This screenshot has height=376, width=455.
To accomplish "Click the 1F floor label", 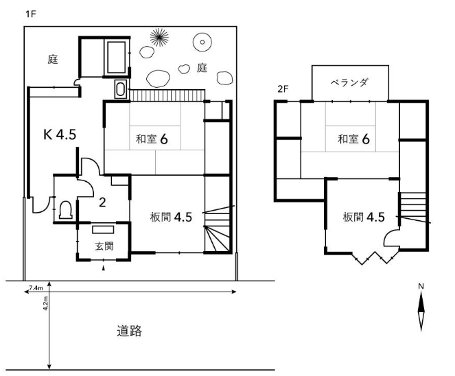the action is point(30,14).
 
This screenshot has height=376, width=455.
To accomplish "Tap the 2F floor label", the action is point(283,89).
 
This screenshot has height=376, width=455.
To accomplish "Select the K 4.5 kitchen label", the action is point(60,134).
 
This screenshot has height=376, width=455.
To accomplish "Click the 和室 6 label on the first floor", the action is point(152,139).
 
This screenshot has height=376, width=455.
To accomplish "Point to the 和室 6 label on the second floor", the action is point(353,139).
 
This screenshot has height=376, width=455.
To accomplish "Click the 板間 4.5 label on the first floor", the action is point(171,217).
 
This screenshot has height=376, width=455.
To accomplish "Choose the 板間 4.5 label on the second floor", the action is point(364,217).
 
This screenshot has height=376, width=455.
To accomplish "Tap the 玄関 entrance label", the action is point(104,246).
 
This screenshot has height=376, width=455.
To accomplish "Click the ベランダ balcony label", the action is point(349,83).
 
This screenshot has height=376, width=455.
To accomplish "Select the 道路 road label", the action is point(130,331).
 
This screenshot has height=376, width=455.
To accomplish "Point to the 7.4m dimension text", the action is point(36,288).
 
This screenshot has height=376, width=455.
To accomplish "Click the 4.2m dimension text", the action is point(45,303).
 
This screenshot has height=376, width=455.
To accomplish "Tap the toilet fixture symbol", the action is point(66,210).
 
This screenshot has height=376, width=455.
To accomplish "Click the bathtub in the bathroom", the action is point(117,57).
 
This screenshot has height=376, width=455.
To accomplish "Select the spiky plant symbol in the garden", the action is point(159,38).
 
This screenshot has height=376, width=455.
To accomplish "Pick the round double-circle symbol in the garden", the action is point(202,42).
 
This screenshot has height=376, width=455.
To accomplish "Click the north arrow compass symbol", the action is point(421,312).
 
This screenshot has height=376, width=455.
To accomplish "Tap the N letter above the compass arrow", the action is point(421,286).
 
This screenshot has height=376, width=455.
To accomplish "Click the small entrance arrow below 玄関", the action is point(104,268).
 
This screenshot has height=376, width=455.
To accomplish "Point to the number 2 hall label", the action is point(102,202).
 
